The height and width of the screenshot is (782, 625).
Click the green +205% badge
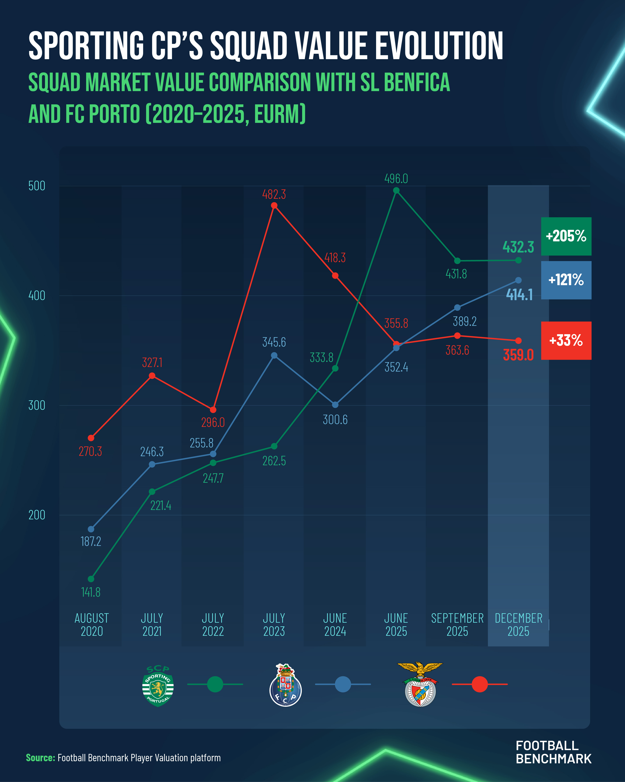[x=566, y=236]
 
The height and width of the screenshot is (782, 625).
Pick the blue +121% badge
[x=566, y=280]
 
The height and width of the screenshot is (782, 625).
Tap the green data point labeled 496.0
[x=396, y=190]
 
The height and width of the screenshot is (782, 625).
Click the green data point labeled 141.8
[x=91, y=579]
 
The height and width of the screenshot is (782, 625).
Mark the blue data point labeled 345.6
[x=274, y=355]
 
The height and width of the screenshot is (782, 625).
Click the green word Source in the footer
[x=40, y=758]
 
